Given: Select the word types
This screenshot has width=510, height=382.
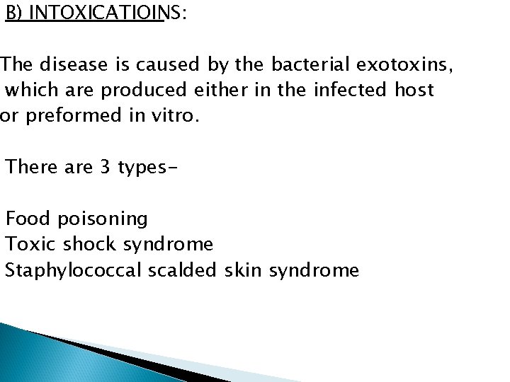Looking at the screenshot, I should click(139, 168).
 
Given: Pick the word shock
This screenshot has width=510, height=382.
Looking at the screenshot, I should click(90, 244).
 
